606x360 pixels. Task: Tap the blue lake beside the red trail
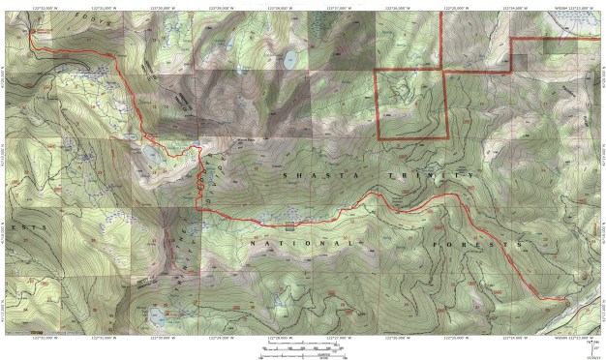click(x=153, y=153)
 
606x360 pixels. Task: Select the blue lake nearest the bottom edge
click(x=157, y=315)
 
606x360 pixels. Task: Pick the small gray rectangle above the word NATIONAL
click(x=289, y=227)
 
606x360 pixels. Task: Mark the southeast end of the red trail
click(x=565, y=301)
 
